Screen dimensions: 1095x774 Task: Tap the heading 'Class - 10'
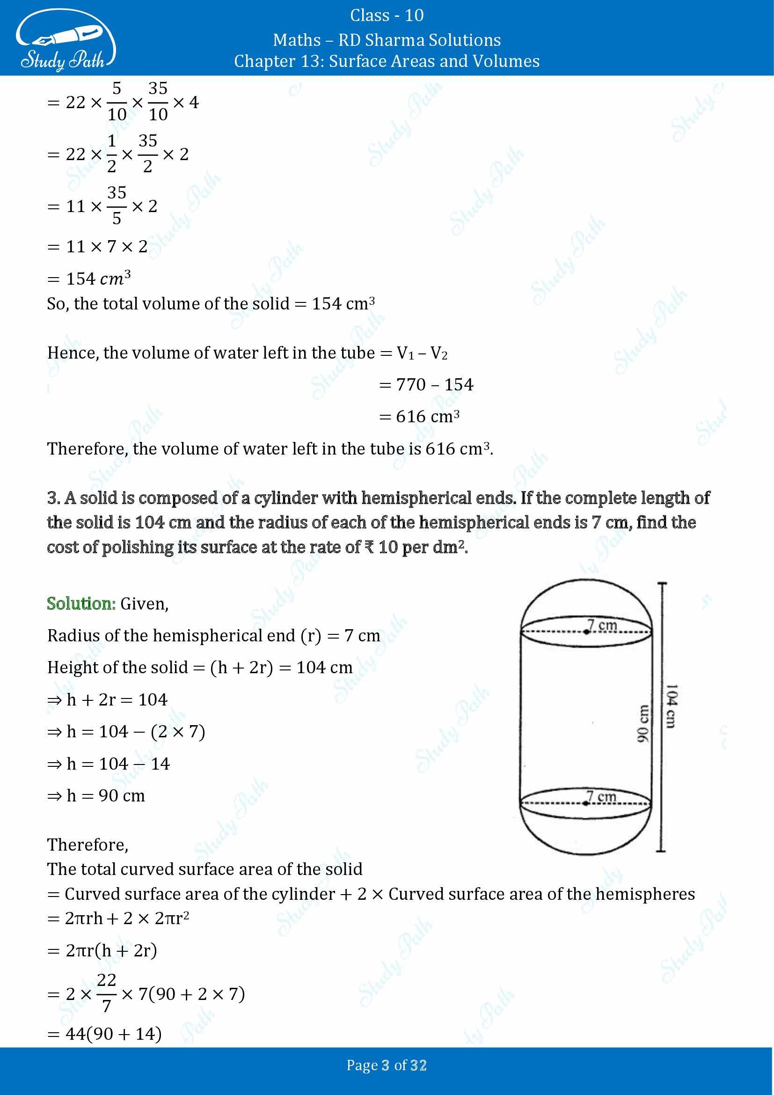(x=387, y=15)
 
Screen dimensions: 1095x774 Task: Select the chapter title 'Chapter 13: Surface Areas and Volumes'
(x=387, y=61)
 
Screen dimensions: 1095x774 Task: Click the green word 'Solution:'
(x=81, y=604)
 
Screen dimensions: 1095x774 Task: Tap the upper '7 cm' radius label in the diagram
(x=602, y=625)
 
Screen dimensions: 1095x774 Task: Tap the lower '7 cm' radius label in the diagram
(x=601, y=796)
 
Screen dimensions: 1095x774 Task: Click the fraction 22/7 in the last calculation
(x=107, y=994)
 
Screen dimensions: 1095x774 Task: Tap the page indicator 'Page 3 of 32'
(x=387, y=1066)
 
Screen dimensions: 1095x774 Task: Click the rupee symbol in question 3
(x=369, y=547)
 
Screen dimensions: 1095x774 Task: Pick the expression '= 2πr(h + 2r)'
(x=102, y=950)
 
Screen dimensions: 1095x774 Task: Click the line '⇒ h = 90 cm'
(x=96, y=795)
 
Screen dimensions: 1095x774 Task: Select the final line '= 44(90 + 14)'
(x=105, y=1034)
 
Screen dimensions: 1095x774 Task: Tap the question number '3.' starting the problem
(x=53, y=498)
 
